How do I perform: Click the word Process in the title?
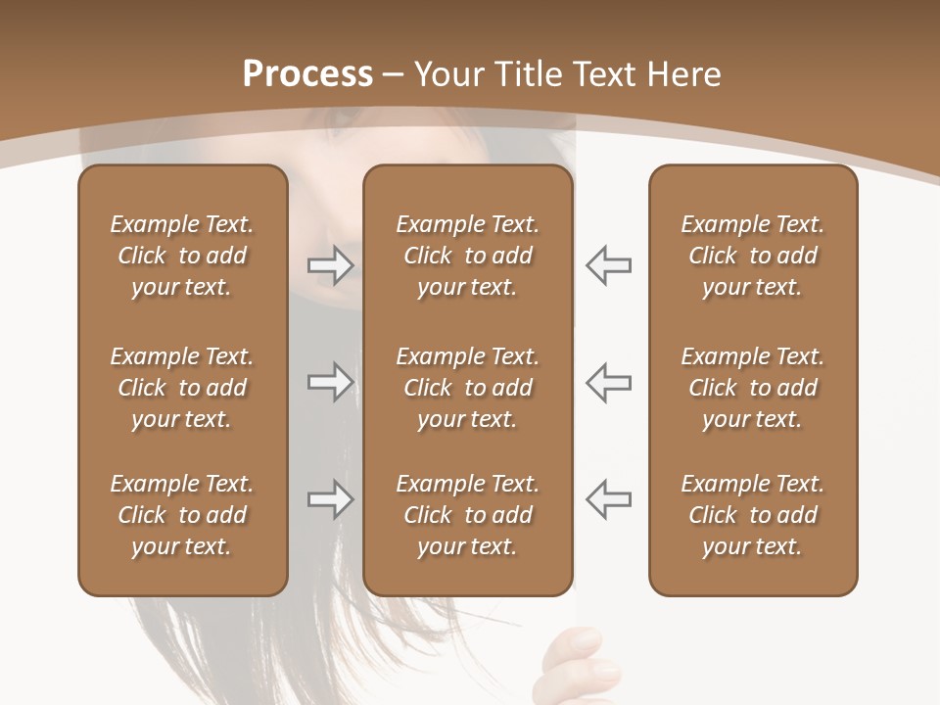click(307, 74)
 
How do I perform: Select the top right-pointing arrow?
click(330, 265)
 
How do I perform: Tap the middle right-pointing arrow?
click(330, 382)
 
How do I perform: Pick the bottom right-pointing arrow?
click(330, 499)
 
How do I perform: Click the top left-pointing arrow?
click(609, 265)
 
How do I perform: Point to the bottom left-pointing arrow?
click(609, 498)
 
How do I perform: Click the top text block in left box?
click(182, 256)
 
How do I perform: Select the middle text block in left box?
click(182, 388)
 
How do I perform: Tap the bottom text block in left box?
click(182, 515)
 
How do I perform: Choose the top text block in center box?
click(468, 256)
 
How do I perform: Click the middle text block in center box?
click(468, 388)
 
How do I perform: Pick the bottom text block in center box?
click(468, 515)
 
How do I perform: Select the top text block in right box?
click(753, 256)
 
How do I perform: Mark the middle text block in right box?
click(753, 388)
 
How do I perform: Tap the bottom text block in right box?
click(753, 515)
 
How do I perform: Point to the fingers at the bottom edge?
click(584, 666)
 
